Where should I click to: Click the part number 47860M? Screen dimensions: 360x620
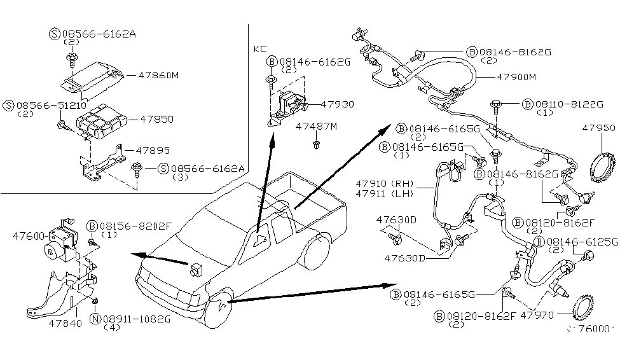[x=158, y=74]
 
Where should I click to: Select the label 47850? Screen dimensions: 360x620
[x=156, y=119]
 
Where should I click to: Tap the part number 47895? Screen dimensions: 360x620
[x=153, y=150]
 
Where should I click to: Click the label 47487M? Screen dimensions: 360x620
[x=316, y=127]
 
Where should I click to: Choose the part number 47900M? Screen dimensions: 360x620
[x=516, y=77]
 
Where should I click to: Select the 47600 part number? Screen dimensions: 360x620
[x=28, y=235]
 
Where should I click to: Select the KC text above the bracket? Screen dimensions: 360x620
[x=261, y=48]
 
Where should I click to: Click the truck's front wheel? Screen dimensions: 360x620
[x=217, y=310]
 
